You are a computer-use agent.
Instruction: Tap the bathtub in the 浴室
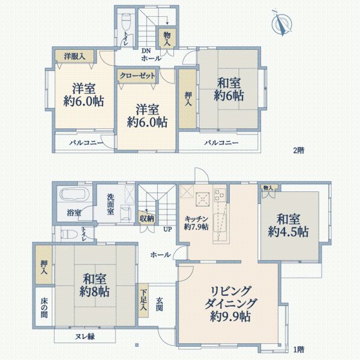[75, 195]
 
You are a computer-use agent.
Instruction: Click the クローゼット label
[137, 76]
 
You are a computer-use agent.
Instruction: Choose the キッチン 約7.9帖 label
[196, 223]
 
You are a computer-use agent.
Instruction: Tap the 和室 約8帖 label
[92, 285]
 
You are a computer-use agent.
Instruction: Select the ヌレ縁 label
[83, 337]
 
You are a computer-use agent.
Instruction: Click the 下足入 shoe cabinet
[144, 299]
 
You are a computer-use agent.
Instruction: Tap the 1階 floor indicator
[299, 349]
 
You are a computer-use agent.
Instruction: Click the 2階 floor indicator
[299, 151]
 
